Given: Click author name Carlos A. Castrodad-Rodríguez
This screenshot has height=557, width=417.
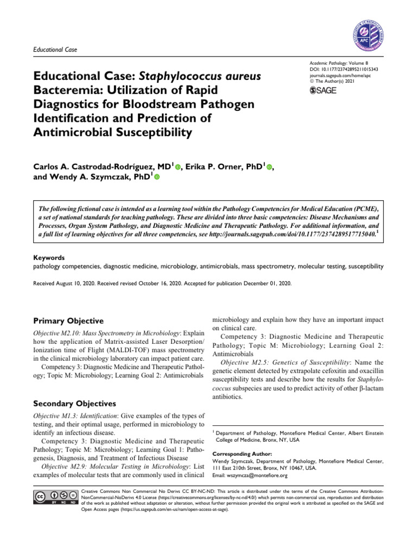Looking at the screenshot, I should (93, 165).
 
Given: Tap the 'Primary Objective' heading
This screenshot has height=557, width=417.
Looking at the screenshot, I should (68, 321).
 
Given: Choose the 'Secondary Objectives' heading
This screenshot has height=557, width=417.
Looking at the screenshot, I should (74, 404).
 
